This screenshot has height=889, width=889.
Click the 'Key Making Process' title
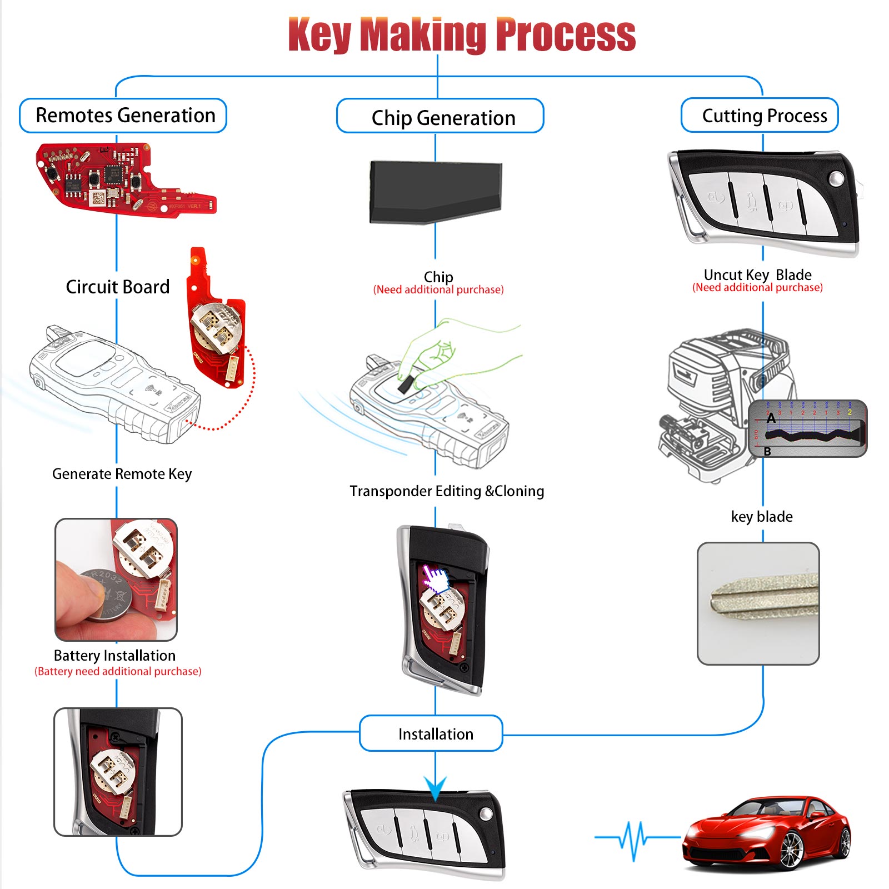(462, 34)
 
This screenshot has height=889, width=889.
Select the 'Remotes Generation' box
(123, 116)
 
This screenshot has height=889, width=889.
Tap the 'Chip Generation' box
(441, 116)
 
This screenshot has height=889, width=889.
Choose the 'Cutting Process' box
(760, 115)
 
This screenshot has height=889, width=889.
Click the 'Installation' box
(431, 733)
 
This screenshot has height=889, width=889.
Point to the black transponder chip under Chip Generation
(436, 192)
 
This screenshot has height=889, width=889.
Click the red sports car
(767, 833)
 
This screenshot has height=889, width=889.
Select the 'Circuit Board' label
(118, 287)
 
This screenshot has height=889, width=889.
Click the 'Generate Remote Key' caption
(122, 474)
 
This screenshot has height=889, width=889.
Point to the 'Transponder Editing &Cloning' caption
(447, 491)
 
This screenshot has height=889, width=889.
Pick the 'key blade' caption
(762, 517)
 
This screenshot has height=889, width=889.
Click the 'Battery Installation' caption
(114, 656)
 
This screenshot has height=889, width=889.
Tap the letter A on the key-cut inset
(771, 418)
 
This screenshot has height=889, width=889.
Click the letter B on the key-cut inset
(767, 451)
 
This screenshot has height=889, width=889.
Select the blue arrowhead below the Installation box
(436, 788)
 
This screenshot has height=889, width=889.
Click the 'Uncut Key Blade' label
(757, 275)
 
